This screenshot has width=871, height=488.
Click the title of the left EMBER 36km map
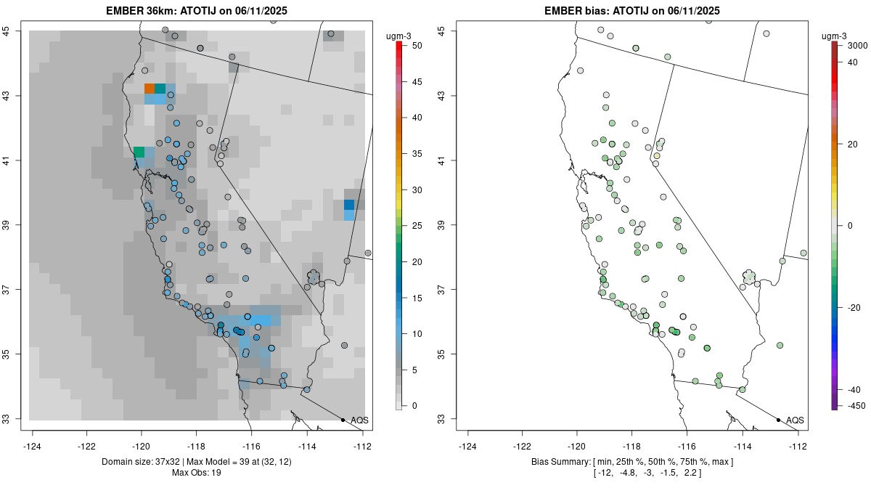tap(197, 11)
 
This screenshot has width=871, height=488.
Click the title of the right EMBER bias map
tap(632, 11)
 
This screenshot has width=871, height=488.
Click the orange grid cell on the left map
tap(150, 89)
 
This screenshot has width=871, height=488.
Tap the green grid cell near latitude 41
tap(139, 152)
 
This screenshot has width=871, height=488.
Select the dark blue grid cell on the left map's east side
tap(349, 205)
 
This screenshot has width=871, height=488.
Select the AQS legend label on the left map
tap(359, 420)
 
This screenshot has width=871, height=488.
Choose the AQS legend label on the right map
tap(795, 420)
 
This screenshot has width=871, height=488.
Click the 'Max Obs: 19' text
tap(197, 473)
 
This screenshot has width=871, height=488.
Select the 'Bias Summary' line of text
tap(632, 462)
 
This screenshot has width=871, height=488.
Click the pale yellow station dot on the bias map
tap(657, 156)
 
